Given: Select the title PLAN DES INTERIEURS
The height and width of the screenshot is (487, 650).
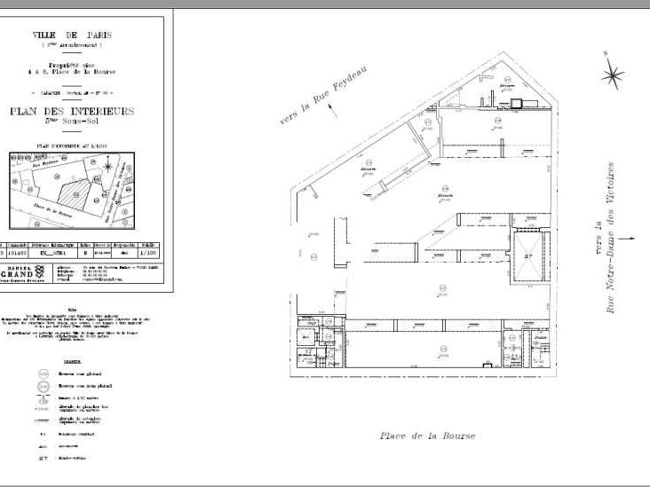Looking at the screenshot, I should coord(84,111).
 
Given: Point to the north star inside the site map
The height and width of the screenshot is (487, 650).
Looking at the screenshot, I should coord(108,166).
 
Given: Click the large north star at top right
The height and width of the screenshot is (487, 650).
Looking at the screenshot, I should coord(612,75).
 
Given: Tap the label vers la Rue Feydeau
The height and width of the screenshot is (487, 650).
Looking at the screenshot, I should coord(323,96).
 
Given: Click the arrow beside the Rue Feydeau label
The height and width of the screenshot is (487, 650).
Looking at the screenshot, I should coord(332,111).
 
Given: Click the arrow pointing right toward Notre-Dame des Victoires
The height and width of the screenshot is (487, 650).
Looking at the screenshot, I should coord(629,238).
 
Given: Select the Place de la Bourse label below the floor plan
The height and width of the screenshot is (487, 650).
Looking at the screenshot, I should coord(427,436).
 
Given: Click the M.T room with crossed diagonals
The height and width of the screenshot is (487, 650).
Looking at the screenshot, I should coord(528,255).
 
